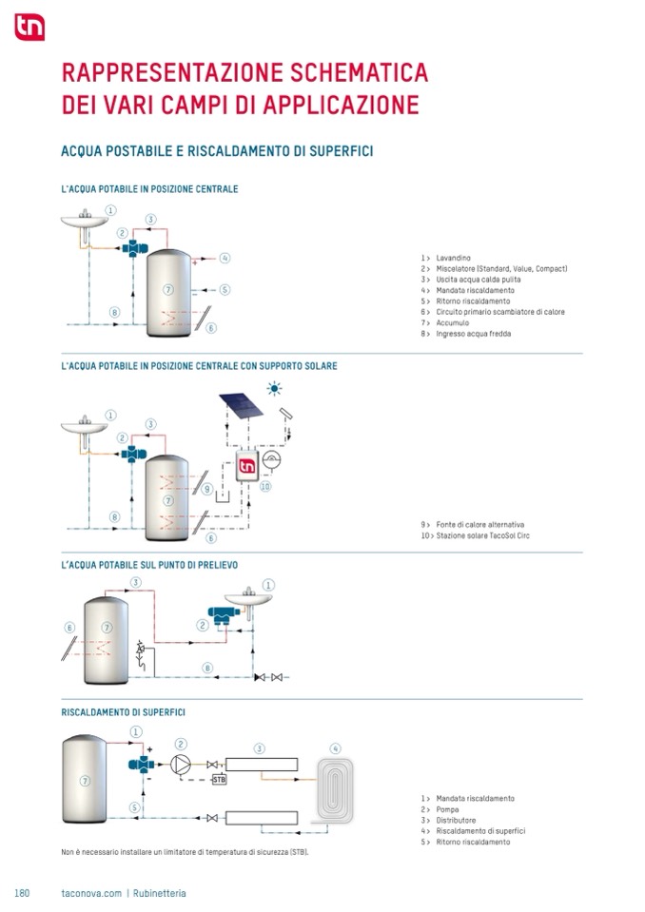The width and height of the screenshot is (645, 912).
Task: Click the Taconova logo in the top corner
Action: click(x=29, y=29)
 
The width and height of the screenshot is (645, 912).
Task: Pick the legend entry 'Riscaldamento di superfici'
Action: click(x=480, y=831)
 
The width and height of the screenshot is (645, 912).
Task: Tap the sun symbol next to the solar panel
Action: click(x=275, y=388)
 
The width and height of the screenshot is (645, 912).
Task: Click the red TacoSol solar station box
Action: click(x=247, y=467)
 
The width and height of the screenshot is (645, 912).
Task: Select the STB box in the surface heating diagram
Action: click(x=219, y=780)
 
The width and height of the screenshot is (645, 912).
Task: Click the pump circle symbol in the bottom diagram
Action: click(x=181, y=764)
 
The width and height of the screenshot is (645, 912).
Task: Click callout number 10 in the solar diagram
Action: click(x=266, y=486)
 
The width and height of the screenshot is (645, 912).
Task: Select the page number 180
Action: click(x=23, y=893)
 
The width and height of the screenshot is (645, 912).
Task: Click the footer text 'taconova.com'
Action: click(x=90, y=893)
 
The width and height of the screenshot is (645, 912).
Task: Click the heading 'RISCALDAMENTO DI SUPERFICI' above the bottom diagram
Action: click(x=123, y=711)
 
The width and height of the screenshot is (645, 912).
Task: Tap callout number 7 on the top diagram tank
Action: click(x=167, y=288)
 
